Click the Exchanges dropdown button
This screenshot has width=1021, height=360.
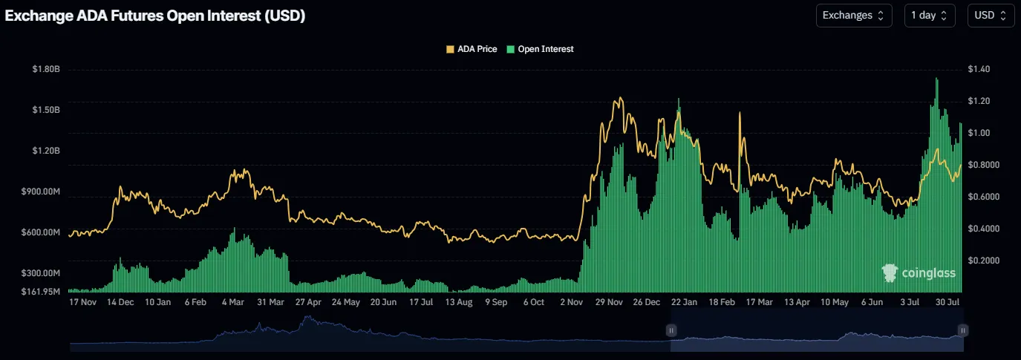coord(853,15)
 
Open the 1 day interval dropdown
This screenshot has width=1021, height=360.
coord(929,15)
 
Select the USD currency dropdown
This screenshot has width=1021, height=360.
coord(991,15)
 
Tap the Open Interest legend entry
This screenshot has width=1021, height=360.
coord(540,49)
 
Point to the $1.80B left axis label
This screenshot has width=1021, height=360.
coord(46,69)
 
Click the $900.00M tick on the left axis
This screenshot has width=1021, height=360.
coord(42,192)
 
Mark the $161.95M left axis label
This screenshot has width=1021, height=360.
coord(42,291)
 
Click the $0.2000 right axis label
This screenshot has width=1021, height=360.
coord(983,261)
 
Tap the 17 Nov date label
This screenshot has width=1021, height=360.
coord(82,303)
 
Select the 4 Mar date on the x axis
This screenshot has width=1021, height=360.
coord(233,303)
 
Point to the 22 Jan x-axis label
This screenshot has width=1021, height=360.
coord(684,303)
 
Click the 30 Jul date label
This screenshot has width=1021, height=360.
coord(948,303)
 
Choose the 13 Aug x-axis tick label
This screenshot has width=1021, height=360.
coord(459,303)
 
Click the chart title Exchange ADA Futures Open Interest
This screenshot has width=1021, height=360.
coord(155,16)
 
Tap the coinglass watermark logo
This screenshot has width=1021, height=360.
coord(919,273)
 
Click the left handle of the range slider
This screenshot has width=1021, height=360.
coord(671,330)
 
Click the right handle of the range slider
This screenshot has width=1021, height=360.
coord(962,330)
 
